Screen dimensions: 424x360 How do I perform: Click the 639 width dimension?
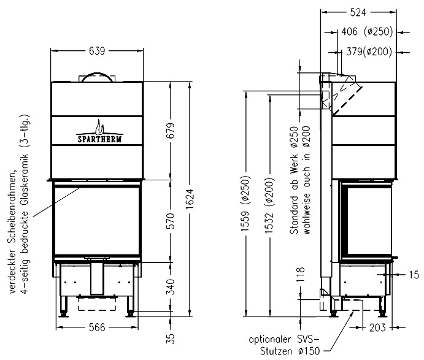point(97,50)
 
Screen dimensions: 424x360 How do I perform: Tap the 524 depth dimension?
point(358,12)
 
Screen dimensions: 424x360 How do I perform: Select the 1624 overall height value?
point(190,199)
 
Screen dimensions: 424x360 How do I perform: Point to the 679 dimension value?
point(171,131)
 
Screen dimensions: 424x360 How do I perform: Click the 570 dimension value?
point(171,221)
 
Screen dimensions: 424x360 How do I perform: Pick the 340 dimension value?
point(171,287)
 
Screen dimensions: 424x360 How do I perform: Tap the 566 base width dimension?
point(97,327)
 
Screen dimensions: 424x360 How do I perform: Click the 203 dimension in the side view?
point(377,328)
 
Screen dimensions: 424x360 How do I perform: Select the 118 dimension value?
point(301,274)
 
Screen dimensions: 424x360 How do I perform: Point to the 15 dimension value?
point(414,275)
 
